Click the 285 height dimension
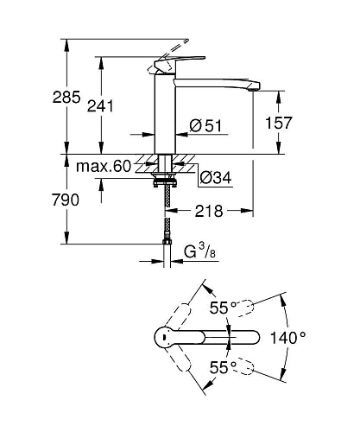pyautogui.click(x=66, y=98)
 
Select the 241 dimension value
pyautogui.click(x=100, y=106)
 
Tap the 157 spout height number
pyautogui.click(x=279, y=123)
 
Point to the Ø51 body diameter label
pyautogui.click(x=205, y=125)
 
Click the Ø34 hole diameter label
pyautogui.click(x=216, y=178)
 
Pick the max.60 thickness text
pyautogui.click(x=104, y=166)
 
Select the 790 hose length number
pyautogui.click(x=66, y=200)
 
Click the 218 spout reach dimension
pyautogui.click(x=209, y=211)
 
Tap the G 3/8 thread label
pyautogui.click(x=199, y=251)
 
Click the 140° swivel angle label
pyautogui.click(x=287, y=338)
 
